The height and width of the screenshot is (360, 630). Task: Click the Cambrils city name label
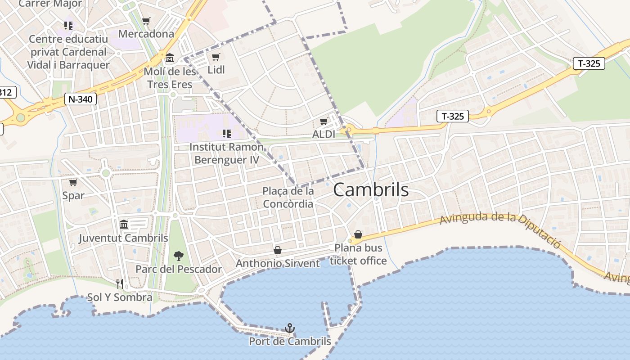click(371, 190)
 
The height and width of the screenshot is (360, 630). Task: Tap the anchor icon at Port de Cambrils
click(290, 328)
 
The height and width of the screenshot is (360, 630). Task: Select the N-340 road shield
click(81, 99)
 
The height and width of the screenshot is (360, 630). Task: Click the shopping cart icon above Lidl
click(216, 57)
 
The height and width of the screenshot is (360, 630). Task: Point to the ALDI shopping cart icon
click(324, 121)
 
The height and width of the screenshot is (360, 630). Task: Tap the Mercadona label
click(146, 34)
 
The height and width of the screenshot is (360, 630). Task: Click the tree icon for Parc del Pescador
click(179, 256)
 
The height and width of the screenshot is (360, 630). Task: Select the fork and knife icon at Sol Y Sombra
click(120, 283)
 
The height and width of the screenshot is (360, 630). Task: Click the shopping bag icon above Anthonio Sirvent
click(278, 250)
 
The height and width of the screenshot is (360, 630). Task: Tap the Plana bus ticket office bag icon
click(358, 234)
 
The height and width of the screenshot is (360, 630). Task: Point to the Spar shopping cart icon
click(73, 182)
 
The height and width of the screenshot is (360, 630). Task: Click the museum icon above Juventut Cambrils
click(124, 224)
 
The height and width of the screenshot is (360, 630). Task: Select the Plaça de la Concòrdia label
click(288, 198)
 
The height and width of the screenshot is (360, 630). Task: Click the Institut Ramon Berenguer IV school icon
click(226, 133)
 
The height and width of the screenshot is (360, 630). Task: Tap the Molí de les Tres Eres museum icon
click(170, 58)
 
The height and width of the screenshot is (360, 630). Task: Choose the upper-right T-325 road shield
click(589, 63)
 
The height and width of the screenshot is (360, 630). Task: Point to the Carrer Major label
click(50, 4)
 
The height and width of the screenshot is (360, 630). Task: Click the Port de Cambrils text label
click(290, 342)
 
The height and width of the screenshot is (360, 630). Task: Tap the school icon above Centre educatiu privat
click(68, 25)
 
